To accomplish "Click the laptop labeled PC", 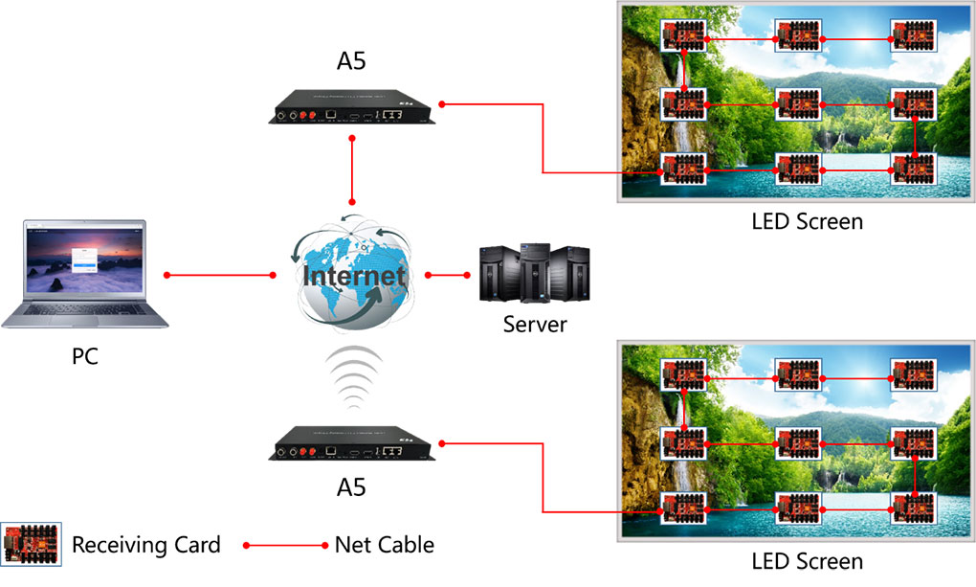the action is (x=84, y=274).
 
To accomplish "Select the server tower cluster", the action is (x=535, y=273).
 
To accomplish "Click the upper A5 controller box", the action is (x=352, y=107).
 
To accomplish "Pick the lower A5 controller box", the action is (x=352, y=443).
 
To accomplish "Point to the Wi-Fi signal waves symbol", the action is (x=353, y=377).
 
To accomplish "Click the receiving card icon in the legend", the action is (x=32, y=544).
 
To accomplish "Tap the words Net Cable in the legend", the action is (x=384, y=545).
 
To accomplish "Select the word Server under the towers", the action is (x=535, y=324).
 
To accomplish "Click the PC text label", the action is (x=84, y=356).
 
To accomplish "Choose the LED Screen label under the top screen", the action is (x=808, y=221).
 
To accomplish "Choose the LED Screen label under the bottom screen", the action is (x=808, y=561).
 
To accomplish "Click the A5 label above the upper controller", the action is (x=351, y=61).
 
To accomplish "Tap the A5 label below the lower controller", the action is (x=351, y=487).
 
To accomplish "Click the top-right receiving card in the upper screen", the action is (x=913, y=35).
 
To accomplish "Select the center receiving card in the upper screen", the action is (x=799, y=103).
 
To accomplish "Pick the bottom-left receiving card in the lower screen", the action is (x=683, y=508).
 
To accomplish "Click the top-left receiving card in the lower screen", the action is (x=683, y=375).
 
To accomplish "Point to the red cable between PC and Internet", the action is (x=220, y=275).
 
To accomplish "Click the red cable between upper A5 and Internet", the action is (x=352, y=170).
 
